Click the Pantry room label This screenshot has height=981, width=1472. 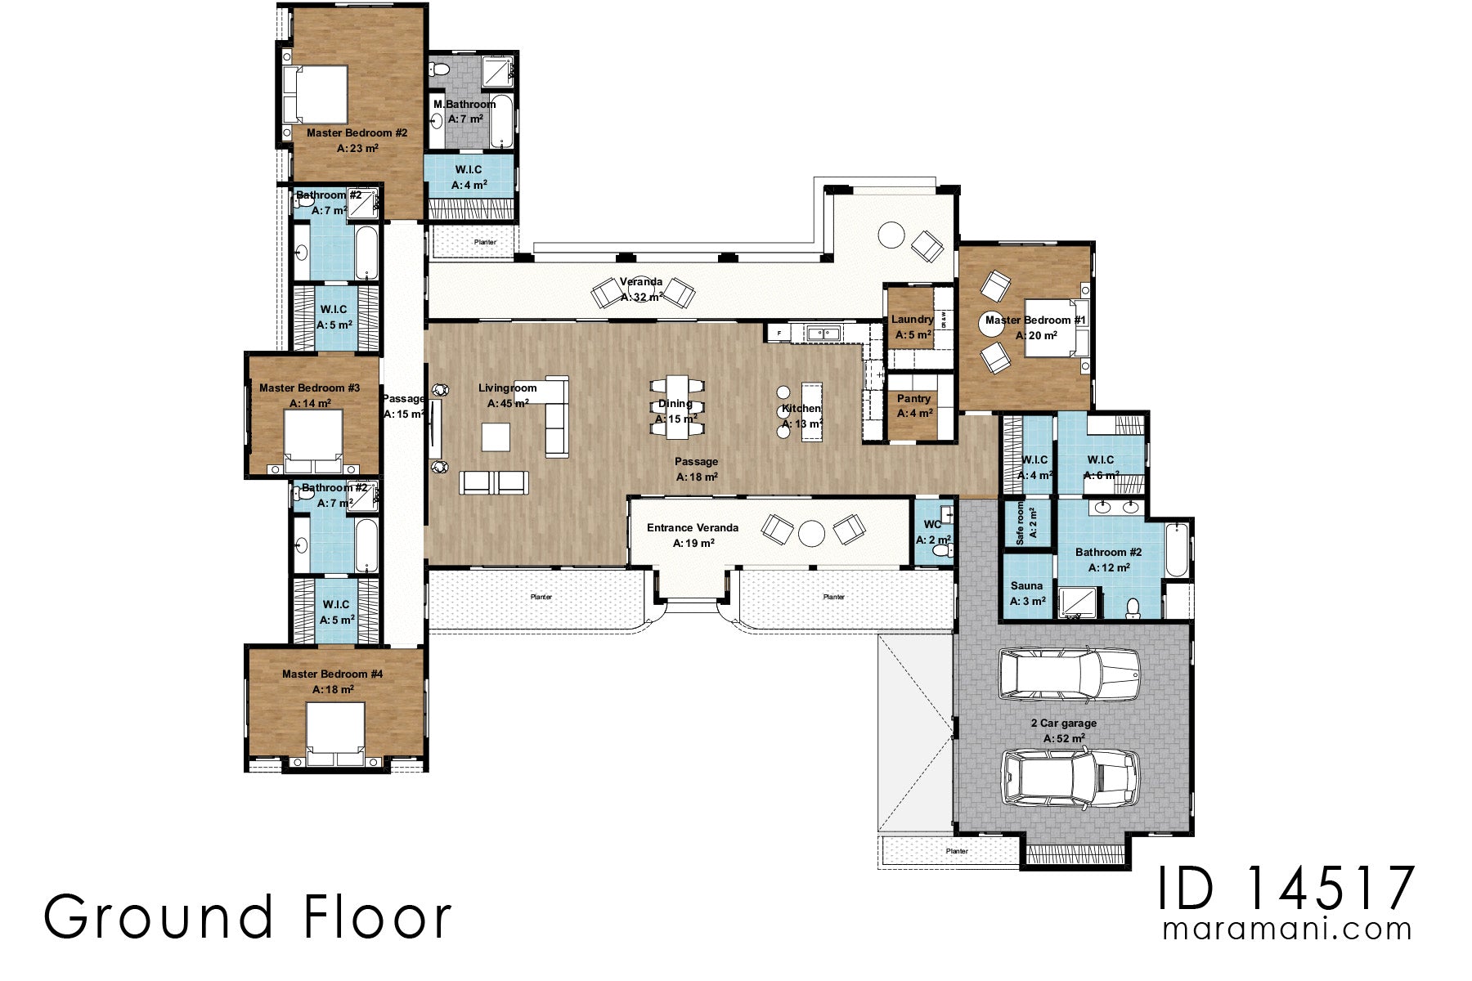(913, 399)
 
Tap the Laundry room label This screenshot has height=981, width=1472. (912, 320)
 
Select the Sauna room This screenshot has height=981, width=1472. (1027, 592)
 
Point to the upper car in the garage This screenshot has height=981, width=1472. (1069, 674)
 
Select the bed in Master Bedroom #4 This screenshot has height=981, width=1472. (335, 733)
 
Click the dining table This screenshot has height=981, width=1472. (676, 404)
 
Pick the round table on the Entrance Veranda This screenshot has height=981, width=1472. (811, 534)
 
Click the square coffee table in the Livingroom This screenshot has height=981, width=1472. (496, 437)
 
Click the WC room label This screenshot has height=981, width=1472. (932, 525)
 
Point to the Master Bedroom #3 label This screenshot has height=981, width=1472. (309, 387)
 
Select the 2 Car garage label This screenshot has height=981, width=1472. (1064, 723)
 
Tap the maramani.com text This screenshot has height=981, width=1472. (1287, 929)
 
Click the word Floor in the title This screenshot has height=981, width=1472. (377, 917)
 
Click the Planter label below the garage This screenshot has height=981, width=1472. (956, 851)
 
